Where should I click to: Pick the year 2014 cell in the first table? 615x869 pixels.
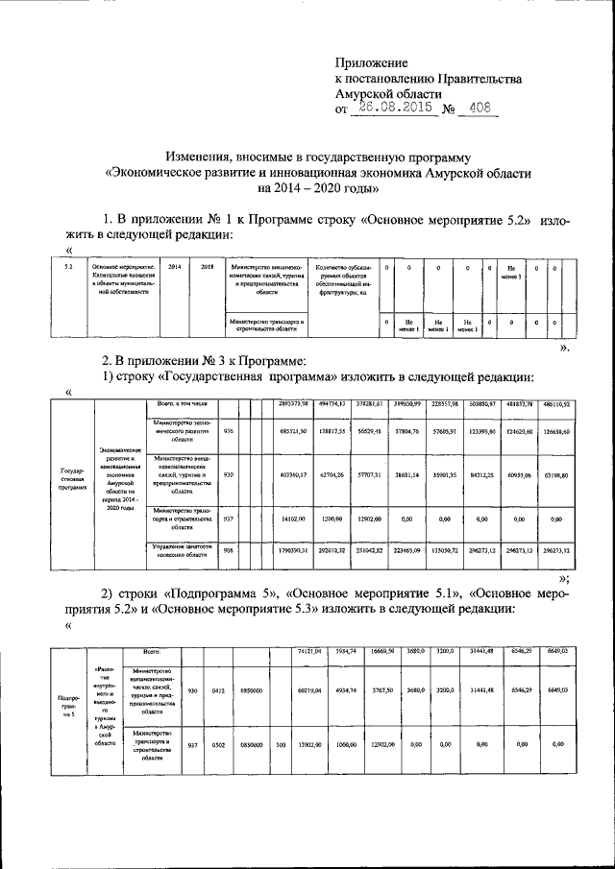click(x=175, y=266)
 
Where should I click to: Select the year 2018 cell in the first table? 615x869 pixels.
click(x=206, y=266)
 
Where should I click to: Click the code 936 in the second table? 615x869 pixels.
click(x=228, y=431)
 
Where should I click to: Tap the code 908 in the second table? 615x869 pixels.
click(x=228, y=550)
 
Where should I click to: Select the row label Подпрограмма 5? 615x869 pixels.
click(x=69, y=705)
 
